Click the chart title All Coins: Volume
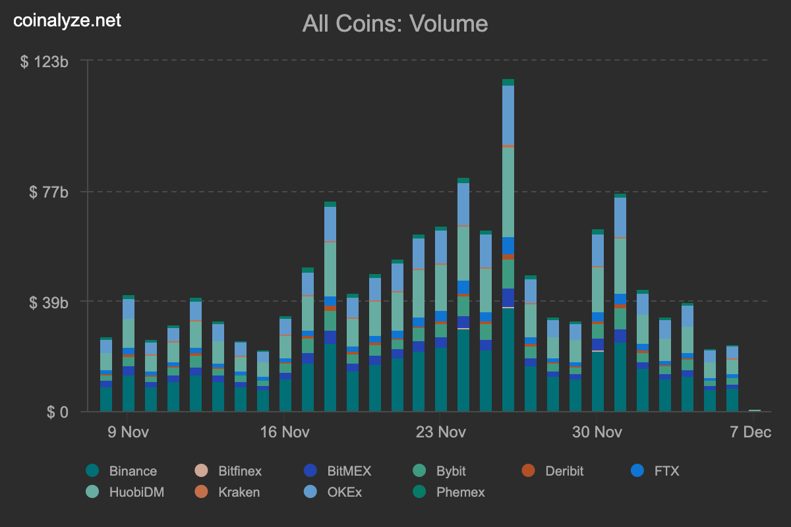[395, 24]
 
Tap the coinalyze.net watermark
[67, 20]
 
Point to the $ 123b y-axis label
[45, 61]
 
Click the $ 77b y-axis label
[49, 192]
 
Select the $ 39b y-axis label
[49, 302]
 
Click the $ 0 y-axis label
[57, 412]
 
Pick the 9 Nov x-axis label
[127, 432]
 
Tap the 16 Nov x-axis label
[283, 432]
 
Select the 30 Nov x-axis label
[597, 432]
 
